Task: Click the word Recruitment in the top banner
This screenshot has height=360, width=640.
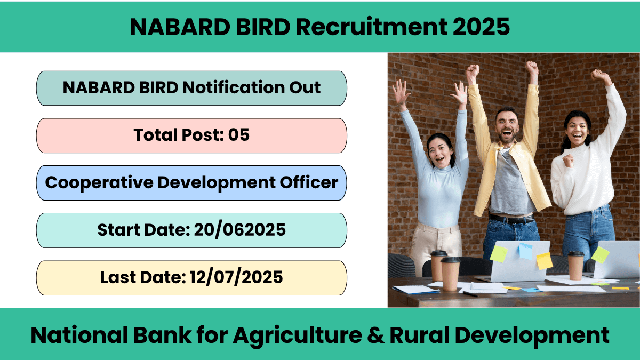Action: (371, 27)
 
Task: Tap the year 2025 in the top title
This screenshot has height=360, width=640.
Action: (481, 27)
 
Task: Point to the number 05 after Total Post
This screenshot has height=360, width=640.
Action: (238, 135)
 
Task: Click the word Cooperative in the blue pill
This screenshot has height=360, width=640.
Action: (99, 183)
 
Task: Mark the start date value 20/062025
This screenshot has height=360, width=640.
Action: (239, 230)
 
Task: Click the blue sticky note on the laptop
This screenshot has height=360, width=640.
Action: (526, 251)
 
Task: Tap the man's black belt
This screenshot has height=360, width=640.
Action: (511, 219)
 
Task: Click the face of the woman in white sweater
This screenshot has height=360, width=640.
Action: (577, 130)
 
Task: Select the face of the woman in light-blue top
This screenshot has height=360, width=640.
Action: (440, 152)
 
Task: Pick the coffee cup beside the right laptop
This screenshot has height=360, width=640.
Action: (575, 266)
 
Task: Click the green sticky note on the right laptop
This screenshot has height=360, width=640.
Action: (600, 255)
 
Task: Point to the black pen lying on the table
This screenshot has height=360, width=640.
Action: (470, 294)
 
